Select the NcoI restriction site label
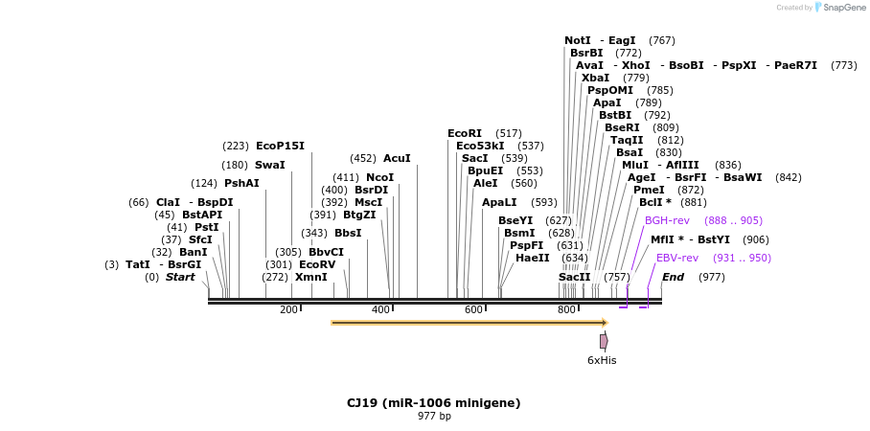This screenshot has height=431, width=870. (x=379, y=177)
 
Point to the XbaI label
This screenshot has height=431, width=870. (x=595, y=78)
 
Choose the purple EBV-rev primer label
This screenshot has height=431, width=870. (x=677, y=258)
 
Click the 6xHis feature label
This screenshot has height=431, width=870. (x=602, y=360)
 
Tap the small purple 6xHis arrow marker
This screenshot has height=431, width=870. (x=604, y=341)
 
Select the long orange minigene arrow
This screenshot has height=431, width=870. (x=469, y=323)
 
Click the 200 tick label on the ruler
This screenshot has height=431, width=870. (x=288, y=309)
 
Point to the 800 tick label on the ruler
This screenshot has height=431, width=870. (x=566, y=309)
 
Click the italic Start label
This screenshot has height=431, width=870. (x=180, y=277)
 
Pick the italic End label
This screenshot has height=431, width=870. (x=673, y=277)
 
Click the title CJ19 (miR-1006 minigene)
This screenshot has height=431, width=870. (x=433, y=403)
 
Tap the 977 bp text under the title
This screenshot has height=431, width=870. (x=434, y=417)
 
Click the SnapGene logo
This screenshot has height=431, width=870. (x=836, y=8)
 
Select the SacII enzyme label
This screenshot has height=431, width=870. (x=575, y=277)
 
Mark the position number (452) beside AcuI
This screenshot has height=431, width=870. (x=363, y=158)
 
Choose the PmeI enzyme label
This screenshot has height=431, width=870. (x=649, y=190)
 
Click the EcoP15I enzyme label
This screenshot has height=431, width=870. (x=280, y=146)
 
